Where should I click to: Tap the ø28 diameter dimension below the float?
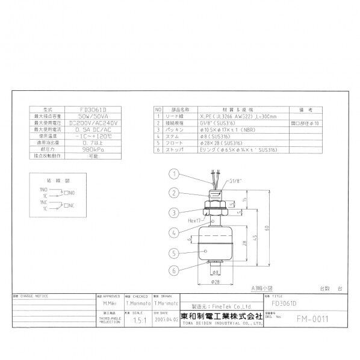point(215,281)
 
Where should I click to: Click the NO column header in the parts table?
point(158,110)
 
